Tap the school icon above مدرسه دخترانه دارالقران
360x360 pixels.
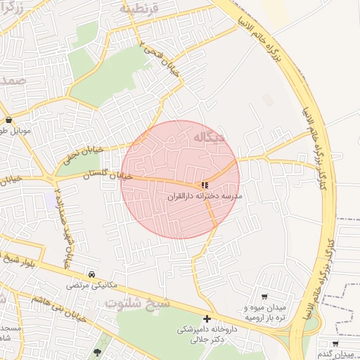(x=205, y=186)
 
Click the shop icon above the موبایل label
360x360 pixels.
(x=8, y=120)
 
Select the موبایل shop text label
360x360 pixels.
(x=11, y=131)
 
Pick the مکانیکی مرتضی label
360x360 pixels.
(x=93, y=285)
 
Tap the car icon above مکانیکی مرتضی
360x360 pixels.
(x=92, y=274)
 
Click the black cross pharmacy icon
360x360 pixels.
(x=207, y=319)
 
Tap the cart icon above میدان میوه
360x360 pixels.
(x=264, y=297)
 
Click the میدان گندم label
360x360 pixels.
(x=335, y=354)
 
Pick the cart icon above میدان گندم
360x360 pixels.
(x=335, y=343)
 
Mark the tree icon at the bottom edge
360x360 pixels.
(x=97, y=352)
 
